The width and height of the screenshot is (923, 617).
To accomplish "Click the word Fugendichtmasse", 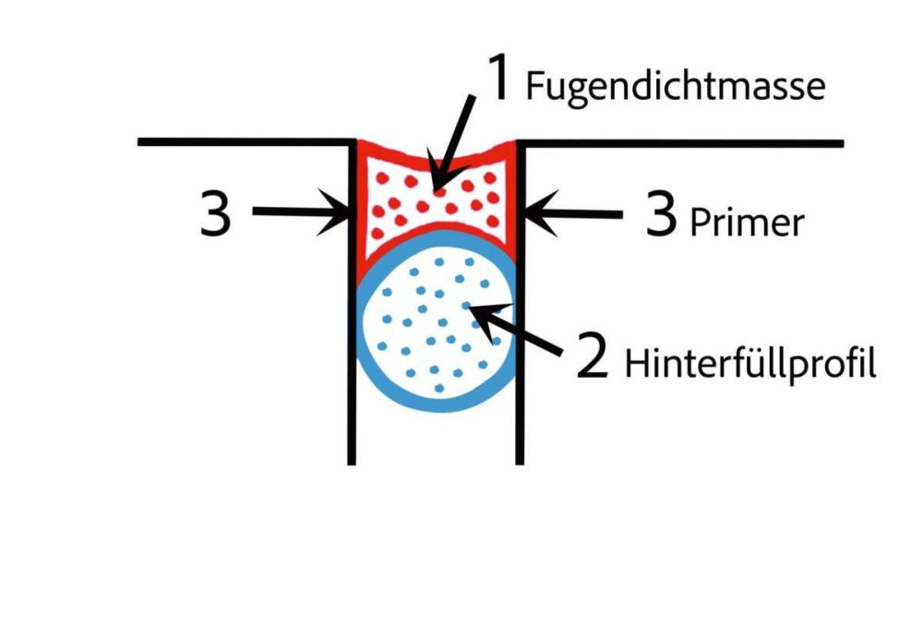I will tap(674, 87).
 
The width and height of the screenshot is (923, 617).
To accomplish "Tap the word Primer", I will tap(747, 223).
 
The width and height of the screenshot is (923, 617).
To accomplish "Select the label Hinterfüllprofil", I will tap(749, 364).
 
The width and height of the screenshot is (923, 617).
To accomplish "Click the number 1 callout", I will tap(499, 79).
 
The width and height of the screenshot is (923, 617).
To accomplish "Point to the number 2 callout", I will tap(593, 357).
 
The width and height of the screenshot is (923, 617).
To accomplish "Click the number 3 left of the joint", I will tap(216, 215).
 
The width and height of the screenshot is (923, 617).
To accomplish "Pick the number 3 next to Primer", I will tap(660, 218).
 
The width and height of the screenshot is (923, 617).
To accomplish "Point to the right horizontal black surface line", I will tap(683, 143).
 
